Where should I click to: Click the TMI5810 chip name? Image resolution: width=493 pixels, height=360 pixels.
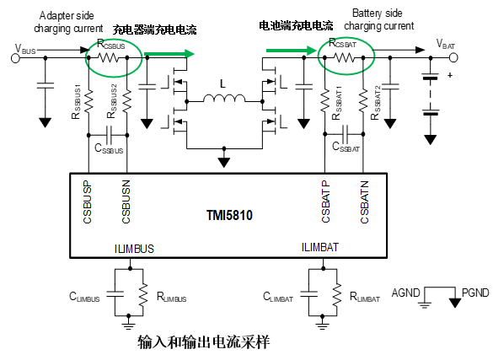point(229,215)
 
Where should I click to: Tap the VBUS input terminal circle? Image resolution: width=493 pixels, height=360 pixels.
point(15,58)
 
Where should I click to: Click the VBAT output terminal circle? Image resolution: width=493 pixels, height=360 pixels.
point(453,57)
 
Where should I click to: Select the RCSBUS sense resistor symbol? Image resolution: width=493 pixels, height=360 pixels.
point(108,57)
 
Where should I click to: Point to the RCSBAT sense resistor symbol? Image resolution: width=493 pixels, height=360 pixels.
point(344,57)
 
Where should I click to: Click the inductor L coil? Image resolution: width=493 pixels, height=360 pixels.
point(224,98)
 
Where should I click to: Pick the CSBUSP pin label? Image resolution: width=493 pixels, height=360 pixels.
point(87,201)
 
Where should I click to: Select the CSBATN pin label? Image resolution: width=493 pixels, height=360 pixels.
point(364,201)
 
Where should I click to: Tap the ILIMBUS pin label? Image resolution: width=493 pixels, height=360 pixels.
point(134,249)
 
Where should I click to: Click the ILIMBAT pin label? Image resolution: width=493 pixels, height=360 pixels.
point(320,247)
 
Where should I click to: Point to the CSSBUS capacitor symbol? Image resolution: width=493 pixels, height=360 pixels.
point(109,135)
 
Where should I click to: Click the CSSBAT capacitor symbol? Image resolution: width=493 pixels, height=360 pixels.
point(345,134)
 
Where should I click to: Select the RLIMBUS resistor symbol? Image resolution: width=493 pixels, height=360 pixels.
point(143,294)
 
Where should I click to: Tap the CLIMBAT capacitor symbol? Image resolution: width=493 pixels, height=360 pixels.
point(308,294)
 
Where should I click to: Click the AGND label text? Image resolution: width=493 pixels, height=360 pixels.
point(405,293)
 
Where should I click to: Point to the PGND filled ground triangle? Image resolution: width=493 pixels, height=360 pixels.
point(455,303)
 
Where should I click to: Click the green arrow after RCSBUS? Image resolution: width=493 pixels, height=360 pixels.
point(169,54)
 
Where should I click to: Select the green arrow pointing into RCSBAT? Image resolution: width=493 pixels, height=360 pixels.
point(291,51)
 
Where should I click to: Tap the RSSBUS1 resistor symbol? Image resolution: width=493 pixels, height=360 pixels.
point(88,100)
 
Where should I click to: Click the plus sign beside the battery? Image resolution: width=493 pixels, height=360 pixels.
point(450,75)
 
